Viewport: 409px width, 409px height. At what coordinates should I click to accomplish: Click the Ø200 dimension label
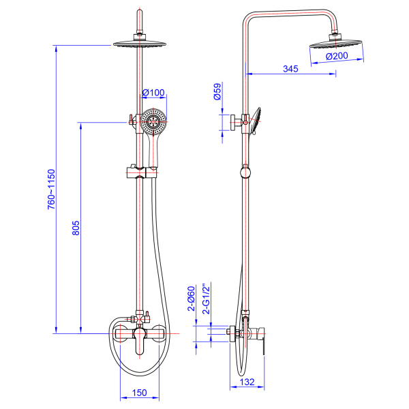click(337, 56)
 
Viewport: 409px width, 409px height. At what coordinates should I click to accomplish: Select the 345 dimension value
click(290, 69)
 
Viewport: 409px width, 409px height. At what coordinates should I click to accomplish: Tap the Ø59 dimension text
click(217, 91)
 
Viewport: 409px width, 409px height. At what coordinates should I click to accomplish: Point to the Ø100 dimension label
click(153, 92)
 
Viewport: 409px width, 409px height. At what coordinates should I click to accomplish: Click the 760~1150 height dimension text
click(51, 189)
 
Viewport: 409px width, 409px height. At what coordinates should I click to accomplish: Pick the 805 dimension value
click(76, 228)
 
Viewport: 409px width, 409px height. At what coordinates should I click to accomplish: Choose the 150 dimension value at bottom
click(140, 393)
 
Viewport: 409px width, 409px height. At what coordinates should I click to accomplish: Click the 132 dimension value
click(247, 382)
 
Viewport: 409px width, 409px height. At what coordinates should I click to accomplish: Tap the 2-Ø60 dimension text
click(192, 299)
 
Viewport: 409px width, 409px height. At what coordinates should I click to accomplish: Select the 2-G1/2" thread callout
click(206, 299)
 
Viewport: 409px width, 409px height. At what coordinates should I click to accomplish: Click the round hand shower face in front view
click(153, 121)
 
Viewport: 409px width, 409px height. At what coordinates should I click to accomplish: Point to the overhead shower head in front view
click(140, 44)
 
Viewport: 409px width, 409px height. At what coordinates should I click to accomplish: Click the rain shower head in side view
click(336, 44)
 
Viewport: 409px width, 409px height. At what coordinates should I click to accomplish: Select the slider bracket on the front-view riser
click(142, 172)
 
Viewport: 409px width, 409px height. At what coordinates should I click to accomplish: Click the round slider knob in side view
click(245, 172)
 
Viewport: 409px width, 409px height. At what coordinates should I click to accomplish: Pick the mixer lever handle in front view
click(140, 341)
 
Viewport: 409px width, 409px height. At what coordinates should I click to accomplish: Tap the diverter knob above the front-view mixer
click(147, 316)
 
